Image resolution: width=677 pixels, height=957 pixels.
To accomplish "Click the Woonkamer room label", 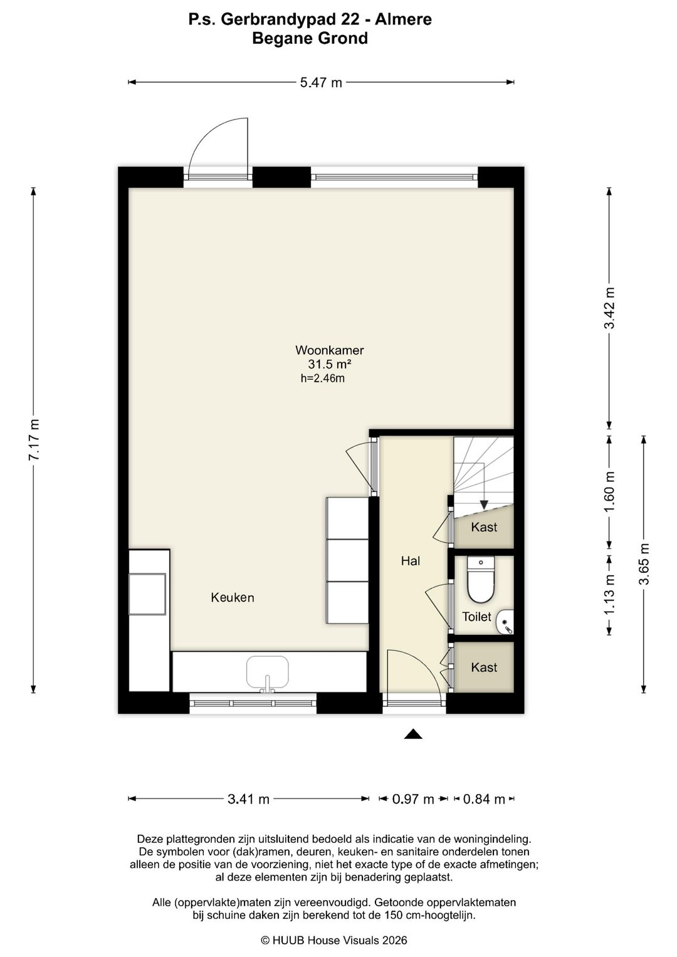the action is point(329,350).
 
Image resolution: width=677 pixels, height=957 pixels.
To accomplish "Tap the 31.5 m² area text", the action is point(330,364).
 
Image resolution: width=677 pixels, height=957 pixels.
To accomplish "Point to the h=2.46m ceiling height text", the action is point(323,378).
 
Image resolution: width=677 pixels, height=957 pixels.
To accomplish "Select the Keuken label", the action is point(233,597).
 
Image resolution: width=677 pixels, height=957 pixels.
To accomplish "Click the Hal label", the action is point(411,561).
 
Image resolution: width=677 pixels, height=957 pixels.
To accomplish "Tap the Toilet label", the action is point(476,617).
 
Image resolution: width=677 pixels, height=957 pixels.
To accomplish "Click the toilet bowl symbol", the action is point(481,579).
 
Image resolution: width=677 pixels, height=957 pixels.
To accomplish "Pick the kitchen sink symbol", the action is point(268,674).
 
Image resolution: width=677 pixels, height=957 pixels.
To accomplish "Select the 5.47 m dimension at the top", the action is point(321,83).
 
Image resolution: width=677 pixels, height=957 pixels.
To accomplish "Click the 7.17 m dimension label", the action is point(34,439).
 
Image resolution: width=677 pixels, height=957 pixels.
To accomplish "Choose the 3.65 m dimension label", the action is point(644,563).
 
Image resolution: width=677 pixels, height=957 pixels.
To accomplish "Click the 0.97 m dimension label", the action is point(413,799).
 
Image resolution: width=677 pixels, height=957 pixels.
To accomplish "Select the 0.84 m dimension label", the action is point(484,799).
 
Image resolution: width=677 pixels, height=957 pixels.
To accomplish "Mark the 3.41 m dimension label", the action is point(248,799).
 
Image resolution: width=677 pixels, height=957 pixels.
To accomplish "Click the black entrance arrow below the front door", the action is point(413,734).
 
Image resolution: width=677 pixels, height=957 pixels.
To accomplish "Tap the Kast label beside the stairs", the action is point(484,527).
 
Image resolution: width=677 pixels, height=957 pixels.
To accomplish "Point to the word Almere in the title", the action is point(403,19).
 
